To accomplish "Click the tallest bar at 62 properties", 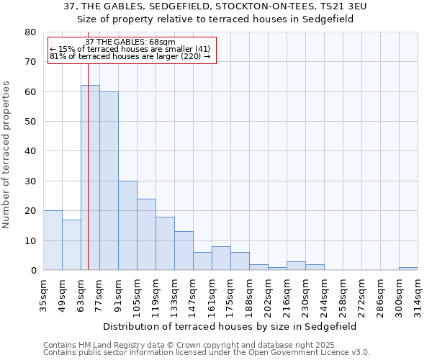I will (x=90, y=177).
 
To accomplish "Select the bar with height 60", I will (x=109, y=181).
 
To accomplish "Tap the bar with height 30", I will (x=127, y=225).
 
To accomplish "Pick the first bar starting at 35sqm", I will (x=53, y=240).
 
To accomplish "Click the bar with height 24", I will (x=146, y=234).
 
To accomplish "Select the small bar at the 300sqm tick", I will (x=408, y=269).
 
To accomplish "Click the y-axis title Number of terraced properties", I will (x=6, y=154).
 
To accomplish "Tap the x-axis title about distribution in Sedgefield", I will (x=230, y=326).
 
